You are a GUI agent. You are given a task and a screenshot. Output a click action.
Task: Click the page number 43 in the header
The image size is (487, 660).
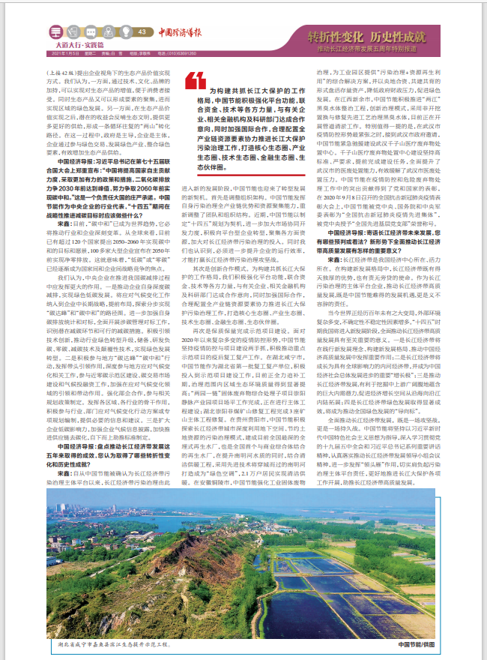point(142,31)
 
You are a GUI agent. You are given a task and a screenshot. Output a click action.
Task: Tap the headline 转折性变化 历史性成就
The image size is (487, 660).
point(367,37)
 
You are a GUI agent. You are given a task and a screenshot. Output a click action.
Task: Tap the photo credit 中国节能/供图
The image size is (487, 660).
point(417,643)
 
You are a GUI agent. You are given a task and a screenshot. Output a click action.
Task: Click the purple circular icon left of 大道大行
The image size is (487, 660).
point(56,32)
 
